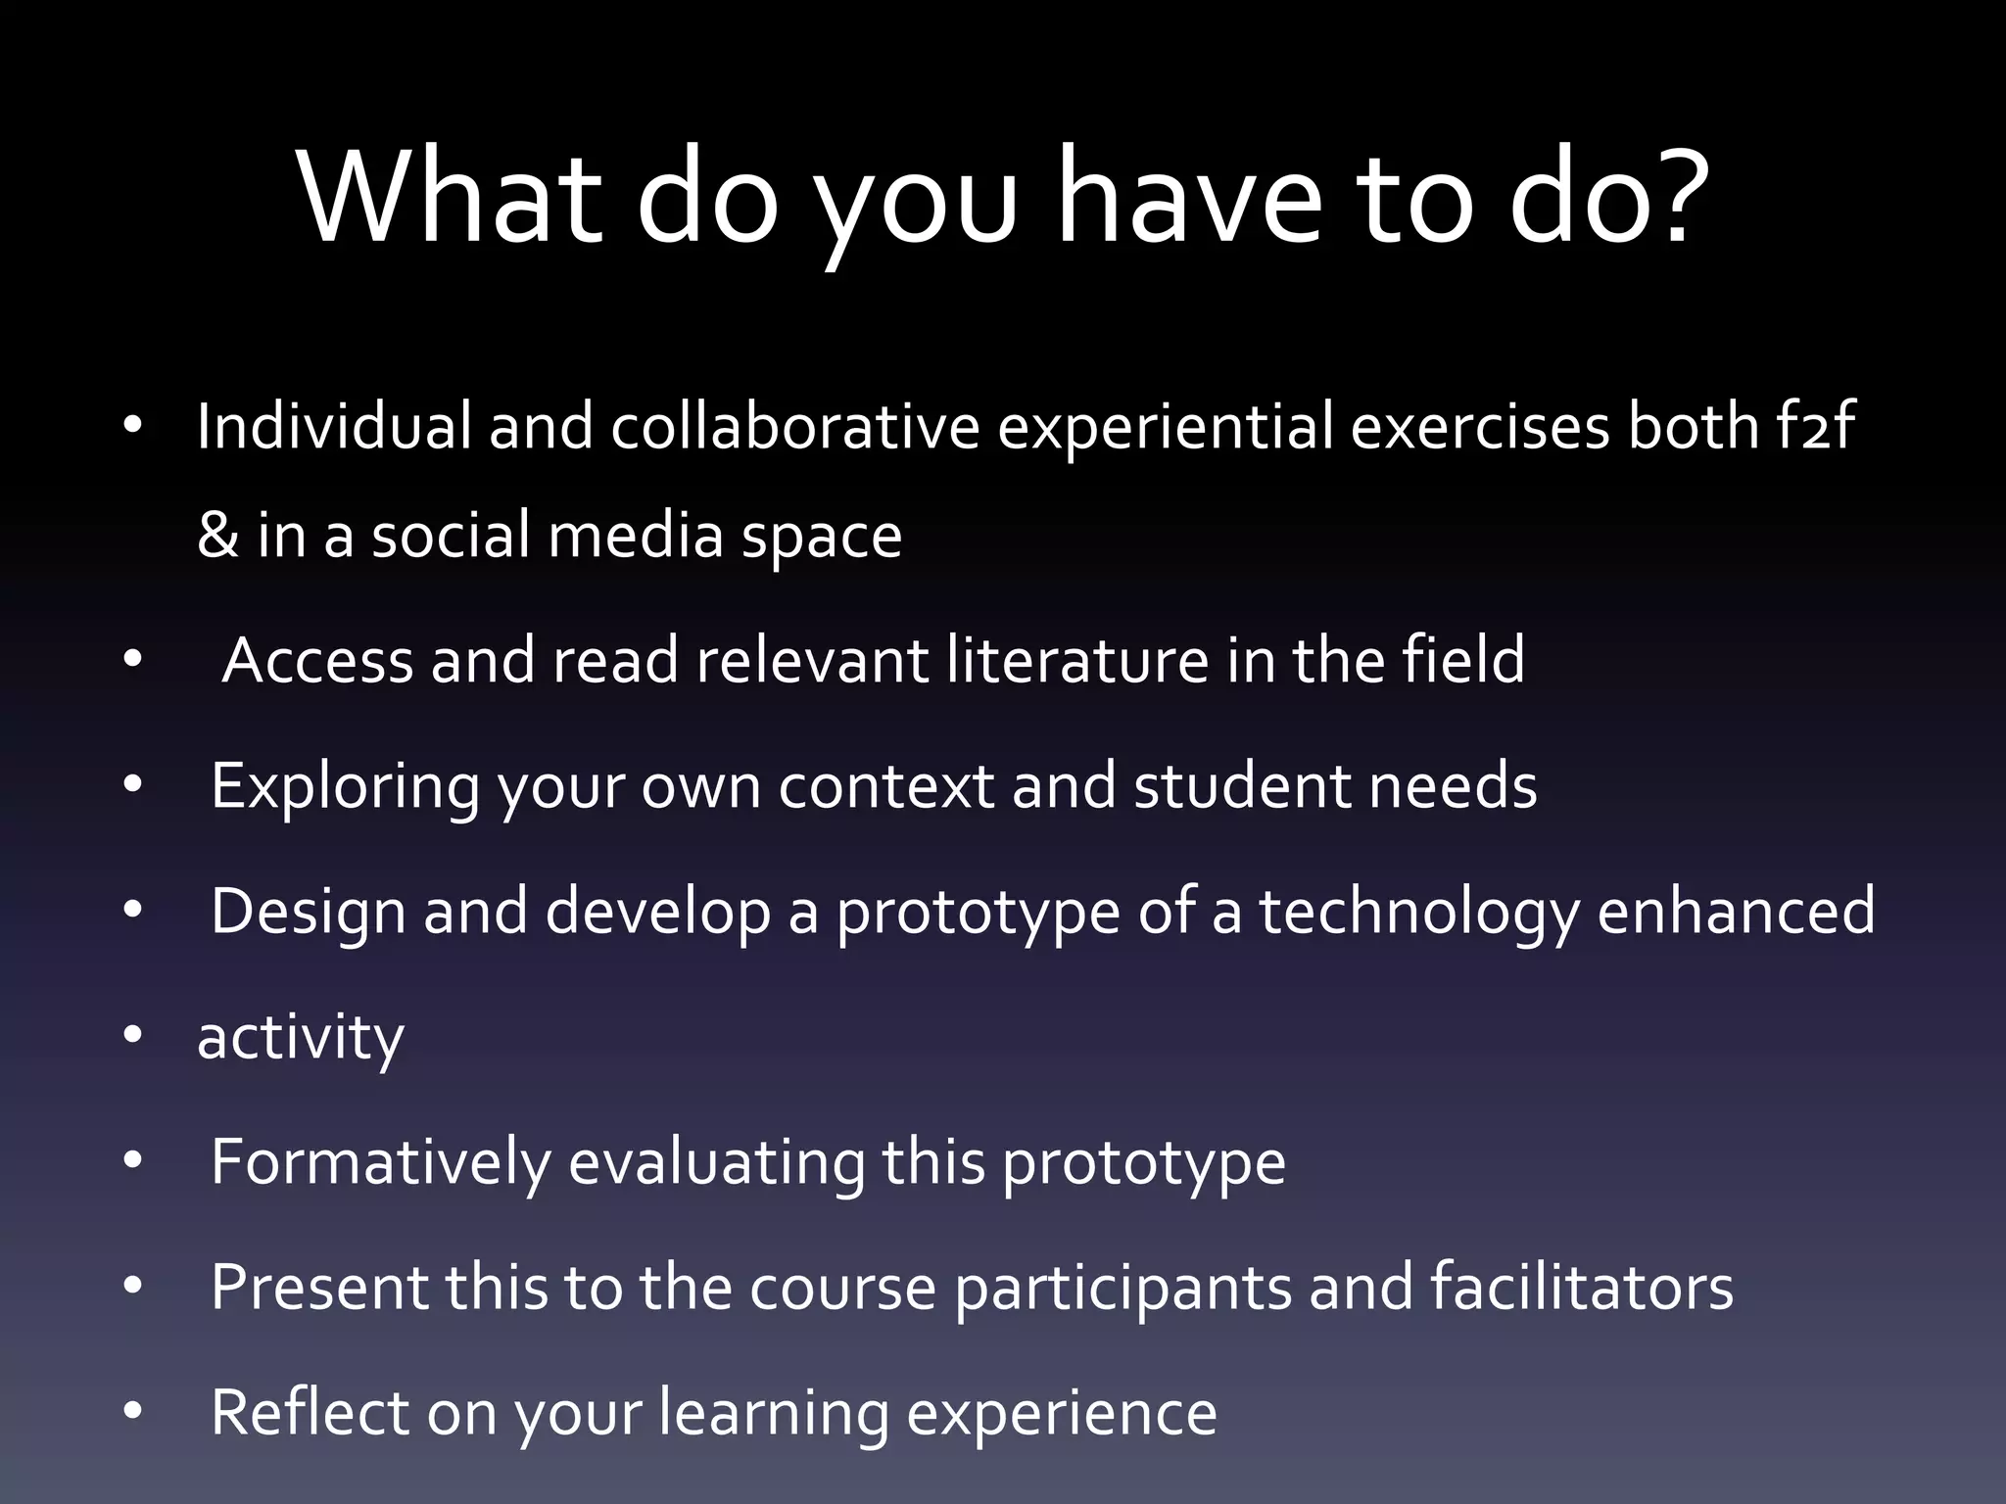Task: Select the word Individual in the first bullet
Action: pyautogui.click(x=334, y=427)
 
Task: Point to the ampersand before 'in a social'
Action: pyautogui.click(x=217, y=536)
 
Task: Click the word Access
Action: pyautogui.click(x=317, y=660)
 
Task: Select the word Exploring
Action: pyautogui.click(x=345, y=786)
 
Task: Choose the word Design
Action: pyautogui.click(x=308, y=912)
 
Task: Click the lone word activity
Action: pyautogui.click(x=300, y=1038)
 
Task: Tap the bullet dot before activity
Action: pyautogui.click(x=133, y=1035)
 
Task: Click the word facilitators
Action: pyautogui.click(x=1581, y=1287)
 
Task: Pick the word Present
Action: pyautogui.click(x=319, y=1287)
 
